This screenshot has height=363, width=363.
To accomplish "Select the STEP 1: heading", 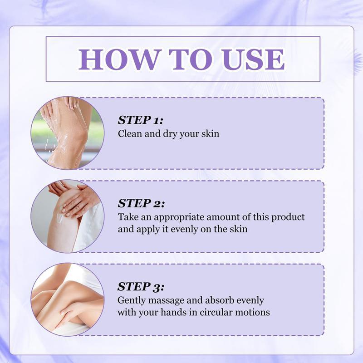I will pos(140,120).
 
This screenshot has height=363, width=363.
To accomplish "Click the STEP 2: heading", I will pos(141,203).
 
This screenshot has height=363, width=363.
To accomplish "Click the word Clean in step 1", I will pos(128,134).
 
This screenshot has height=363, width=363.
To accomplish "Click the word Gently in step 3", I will pos(131,300).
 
